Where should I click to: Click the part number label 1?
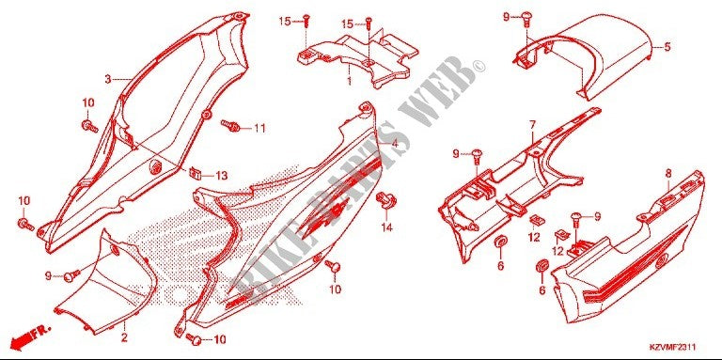point(349,82)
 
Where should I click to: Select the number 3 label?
point(108,79)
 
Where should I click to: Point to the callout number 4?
point(395,144)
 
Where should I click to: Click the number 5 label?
point(667,47)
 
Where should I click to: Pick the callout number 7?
point(531,124)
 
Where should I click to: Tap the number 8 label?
point(667,173)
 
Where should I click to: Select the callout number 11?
point(259,128)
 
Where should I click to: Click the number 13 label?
point(222,176)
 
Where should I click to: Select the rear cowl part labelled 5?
point(592,56)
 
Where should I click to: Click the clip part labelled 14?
point(385,201)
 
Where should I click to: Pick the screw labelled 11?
point(229,123)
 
